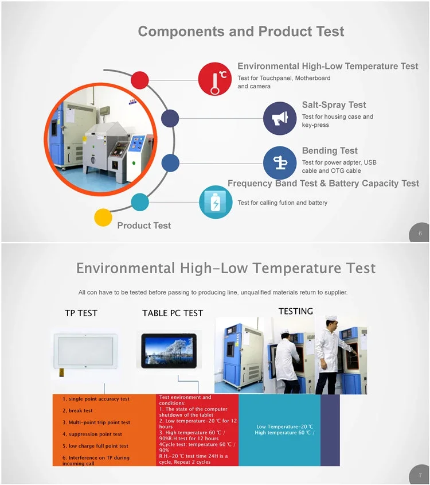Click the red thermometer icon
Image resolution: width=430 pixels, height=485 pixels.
pyautogui.click(x=215, y=79)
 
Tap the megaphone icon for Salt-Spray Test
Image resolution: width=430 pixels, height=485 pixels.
pyautogui.click(x=280, y=118)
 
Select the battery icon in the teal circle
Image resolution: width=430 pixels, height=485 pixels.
pyautogui.click(x=216, y=202)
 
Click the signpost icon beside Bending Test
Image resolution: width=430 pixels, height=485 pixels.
pyautogui.click(x=280, y=162)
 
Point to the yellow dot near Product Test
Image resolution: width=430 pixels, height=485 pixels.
pyautogui.click(x=103, y=217)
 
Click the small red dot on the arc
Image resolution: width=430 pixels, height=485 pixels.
pyautogui.click(x=140, y=80)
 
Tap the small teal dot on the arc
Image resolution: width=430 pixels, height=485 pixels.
pyautogui.click(x=140, y=202)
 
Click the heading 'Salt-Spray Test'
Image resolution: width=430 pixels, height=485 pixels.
pyautogui.click(x=334, y=105)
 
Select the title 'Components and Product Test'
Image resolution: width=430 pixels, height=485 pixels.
pyautogui.click(x=241, y=32)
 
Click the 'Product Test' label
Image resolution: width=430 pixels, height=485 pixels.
pyautogui.click(x=144, y=226)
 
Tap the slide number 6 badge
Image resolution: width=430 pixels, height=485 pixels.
pyautogui.click(x=420, y=232)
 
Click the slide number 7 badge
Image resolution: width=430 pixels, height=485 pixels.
pyautogui.click(x=420, y=475)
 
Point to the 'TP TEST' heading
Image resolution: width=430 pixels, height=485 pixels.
pyautogui.click(x=81, y=313)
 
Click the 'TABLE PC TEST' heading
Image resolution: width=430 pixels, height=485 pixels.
pyautogui.click(x=173, y=313)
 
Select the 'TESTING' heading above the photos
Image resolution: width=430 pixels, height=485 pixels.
pyautogui.click(x=296, y=311)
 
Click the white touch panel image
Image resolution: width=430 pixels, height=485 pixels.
pyautogui.click(x=85, y=352)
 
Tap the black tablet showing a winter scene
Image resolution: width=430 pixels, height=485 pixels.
pyautogui.click(x=169, y=351)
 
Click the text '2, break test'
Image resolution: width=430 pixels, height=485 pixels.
pyautogui.click(x=77, y=410)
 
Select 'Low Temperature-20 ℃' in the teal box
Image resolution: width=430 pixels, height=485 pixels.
pyautogui.click(x=284, y=426)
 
